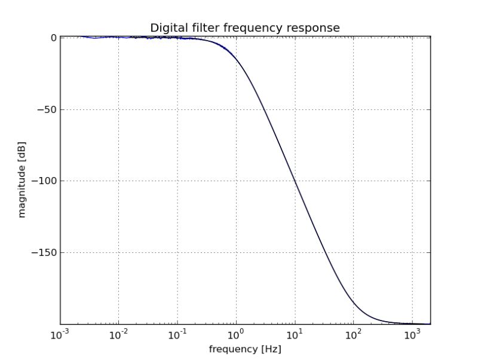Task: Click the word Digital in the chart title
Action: pos(166,28)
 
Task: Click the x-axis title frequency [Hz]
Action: pos(245,349)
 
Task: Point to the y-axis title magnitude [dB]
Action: pos(22,181)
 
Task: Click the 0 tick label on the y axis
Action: pos(54,37)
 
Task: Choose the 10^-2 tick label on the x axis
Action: pos(119,334)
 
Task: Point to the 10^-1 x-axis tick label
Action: pos(177,334)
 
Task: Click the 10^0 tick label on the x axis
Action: pos(236,334)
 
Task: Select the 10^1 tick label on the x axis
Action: pos(295,334)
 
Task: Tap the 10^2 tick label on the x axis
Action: pos(353,334)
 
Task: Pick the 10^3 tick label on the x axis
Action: pos(412,334)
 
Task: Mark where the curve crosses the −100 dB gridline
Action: pos(295,181)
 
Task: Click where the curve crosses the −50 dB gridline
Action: pos(265,109)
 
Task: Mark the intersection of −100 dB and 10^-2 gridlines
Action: pos(119,181)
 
